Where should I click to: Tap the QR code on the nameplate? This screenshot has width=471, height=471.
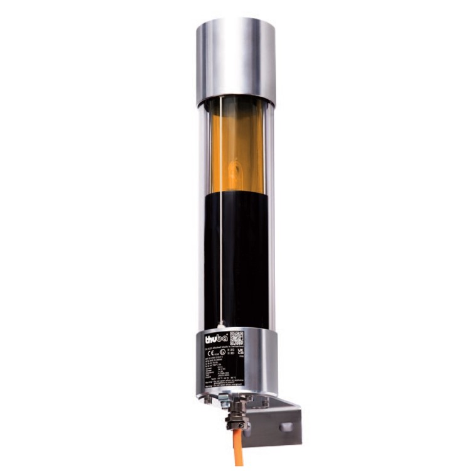click(x=236, y=337)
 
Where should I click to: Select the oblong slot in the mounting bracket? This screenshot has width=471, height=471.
click(x=286, y=427)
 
